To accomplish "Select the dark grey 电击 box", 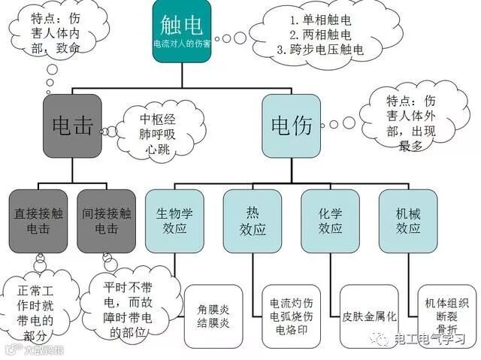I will [x=71, y=126].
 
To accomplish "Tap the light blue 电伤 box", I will [x=292, y=126].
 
